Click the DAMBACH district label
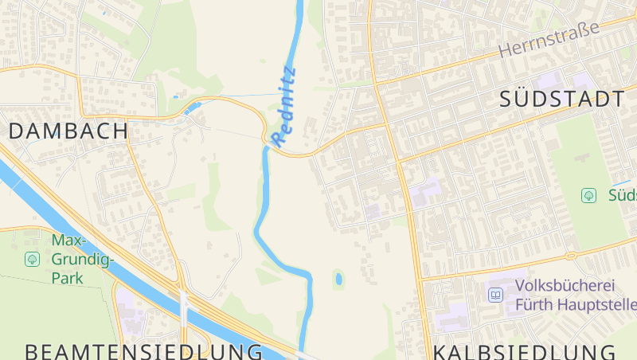[68, 131]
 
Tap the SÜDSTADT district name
[562, 100]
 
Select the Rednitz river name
[283, 107]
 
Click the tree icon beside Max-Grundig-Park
[33, 259]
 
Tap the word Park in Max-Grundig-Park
[68, 279]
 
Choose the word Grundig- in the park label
[83, 260]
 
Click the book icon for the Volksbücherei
[496, 295]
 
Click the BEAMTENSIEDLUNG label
[143, 351]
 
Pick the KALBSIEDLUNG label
[525, 351]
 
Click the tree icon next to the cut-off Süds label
[588, 195]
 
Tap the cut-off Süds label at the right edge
[622, 195]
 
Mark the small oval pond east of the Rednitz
[339, 279]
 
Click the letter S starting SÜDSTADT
[508, 100]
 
